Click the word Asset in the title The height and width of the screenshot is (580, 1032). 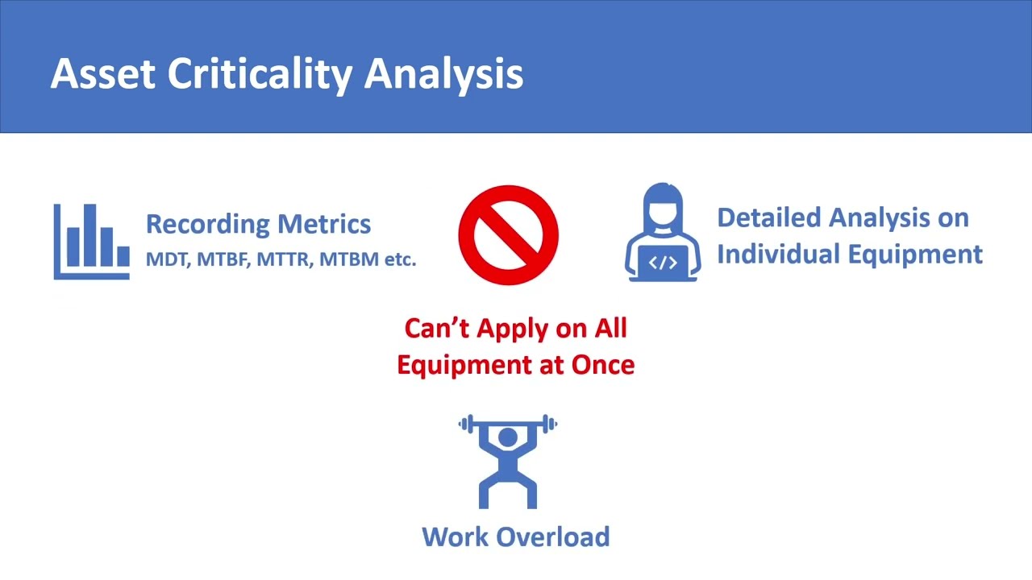[x=102, y=74]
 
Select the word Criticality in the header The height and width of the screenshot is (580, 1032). [x=260, y=74]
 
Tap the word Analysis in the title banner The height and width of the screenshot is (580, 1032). [x=444, y=74]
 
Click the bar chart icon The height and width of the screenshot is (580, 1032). [x=91, y=241]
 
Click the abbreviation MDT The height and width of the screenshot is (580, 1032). [x=165, y=259]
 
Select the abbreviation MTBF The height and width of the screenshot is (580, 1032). [x=222, y=259]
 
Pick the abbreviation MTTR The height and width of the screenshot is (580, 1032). [x=285, y=259]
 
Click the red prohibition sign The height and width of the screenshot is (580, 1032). [x=508, y=235]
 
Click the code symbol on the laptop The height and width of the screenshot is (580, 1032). [x=663, y=263]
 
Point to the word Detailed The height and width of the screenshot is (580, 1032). [x=769, y=217]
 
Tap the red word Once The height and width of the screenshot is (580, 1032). [x=603, y=364]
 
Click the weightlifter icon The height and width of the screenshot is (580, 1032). [x=508, y=461]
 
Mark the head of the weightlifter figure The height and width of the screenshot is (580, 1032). [x=508, y=437]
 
